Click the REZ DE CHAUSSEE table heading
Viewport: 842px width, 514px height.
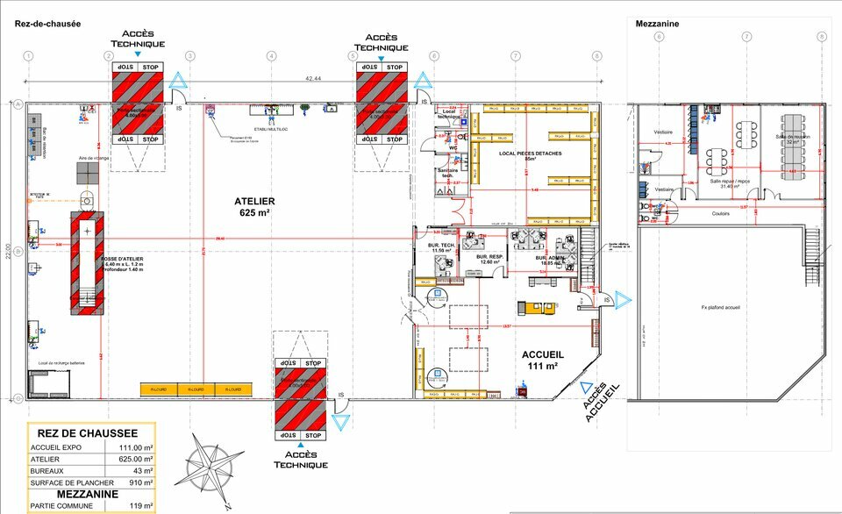click(87, 433)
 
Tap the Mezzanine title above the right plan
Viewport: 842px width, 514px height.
click(658, 24)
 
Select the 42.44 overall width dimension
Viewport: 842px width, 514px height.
click(313, 79)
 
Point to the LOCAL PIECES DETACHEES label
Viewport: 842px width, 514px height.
click(530, 154)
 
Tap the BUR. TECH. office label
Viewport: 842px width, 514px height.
click(441, 246)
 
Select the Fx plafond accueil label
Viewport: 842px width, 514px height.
click(722, 308)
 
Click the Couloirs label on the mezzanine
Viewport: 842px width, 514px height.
click(721, 213)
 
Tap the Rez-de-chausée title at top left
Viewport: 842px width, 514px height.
click(47, 24)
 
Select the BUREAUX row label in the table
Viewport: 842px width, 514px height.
click(49, 471)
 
